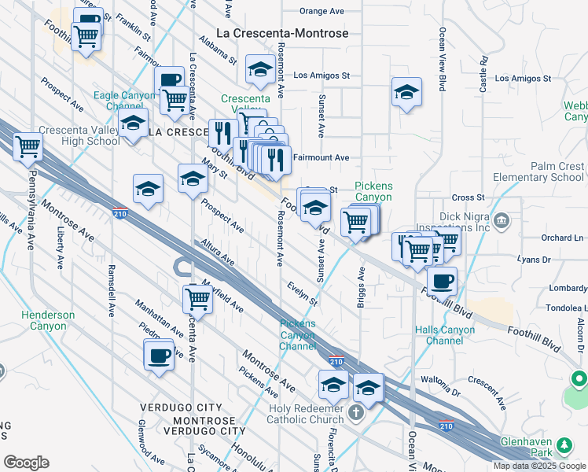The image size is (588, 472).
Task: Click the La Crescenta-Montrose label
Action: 271,33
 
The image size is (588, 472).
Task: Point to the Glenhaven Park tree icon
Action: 563,447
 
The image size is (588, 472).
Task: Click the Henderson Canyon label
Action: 48,320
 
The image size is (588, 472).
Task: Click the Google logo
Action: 26,462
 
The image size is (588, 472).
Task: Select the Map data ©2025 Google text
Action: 539,466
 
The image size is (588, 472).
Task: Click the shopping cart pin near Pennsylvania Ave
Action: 28,146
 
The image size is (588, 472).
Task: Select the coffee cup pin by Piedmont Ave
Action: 159,355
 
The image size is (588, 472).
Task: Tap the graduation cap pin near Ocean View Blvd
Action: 406,92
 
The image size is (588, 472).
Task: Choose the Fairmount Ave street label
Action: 321,157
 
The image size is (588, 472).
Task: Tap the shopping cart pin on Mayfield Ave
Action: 198,299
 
